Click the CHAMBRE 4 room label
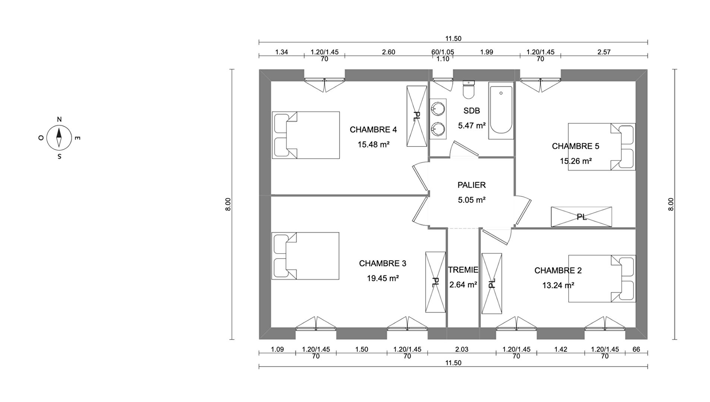pos(373,130)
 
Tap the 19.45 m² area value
pos(383,278)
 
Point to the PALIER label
pos(471,185)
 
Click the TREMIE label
pos(463,270)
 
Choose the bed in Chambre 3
pos(305,256)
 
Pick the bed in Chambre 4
pos(306,135)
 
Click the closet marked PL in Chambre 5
pos(581,217)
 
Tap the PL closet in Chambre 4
pos(417,117)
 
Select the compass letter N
pos(59,119)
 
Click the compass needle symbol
pos(59,137)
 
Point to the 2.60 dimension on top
pos(388,52)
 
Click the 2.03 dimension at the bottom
pos(461,350)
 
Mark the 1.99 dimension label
pos(486,52)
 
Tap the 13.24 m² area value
pos(558,285)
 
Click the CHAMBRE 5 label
pos(575,146)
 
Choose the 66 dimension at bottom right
pos(636,350)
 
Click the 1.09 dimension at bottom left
pos(277,350)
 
